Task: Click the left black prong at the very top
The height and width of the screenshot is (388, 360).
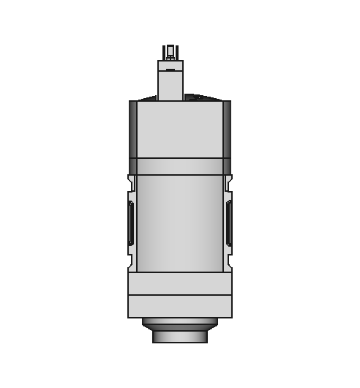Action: pyautogui.click(x=165, y=51)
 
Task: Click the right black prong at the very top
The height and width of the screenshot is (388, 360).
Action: pyautogui.click(x=176, y=51)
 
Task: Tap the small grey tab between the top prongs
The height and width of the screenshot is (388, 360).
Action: pyautogui.click(x=170, y=56)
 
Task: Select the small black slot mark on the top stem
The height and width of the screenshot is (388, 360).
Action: pyautogui.click(x=170, y=70)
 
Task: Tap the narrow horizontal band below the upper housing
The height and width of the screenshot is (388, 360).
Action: pyautogui.click(x=179, y=166)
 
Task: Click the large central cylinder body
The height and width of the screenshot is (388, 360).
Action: pyautogui.click(x=179, y=223)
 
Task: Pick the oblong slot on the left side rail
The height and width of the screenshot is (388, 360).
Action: pyautogui.click(x=131, y=223)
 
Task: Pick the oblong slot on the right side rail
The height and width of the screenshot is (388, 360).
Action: pyautogui.click(x=228, y=223)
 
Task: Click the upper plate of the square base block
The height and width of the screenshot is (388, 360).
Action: pyautogui.click(x=179, y=283)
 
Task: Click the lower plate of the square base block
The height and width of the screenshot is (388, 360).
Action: pyautogui.click(x=179, y=306)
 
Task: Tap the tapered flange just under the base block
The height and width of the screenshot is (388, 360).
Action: pyautogui.click(x=179, y=323)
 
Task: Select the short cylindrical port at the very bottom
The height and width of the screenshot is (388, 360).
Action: pyautogui.click(x=179, y=336)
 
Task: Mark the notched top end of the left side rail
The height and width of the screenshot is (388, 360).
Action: pyautogui.click(x=132, y=182)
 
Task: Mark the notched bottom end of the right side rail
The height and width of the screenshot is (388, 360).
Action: pyautogui.click(x=228, y=262)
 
